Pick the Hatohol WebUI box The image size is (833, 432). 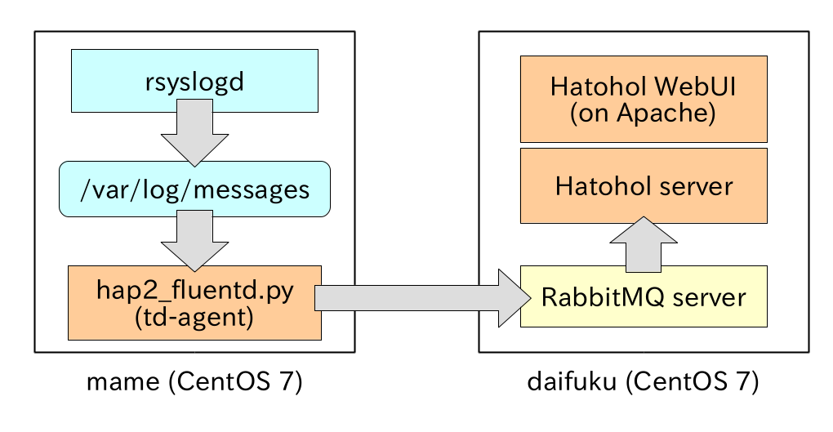point(644,98)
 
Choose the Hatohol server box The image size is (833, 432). point(644,185)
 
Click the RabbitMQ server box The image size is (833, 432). point(644,296)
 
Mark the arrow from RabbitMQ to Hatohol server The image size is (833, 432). point(644,243)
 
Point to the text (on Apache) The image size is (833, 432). point(644,114)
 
